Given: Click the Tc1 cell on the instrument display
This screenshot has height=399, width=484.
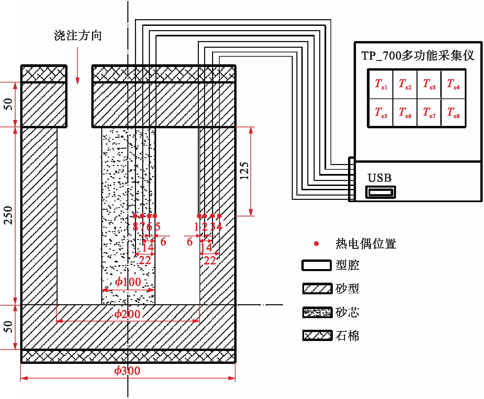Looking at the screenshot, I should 380,84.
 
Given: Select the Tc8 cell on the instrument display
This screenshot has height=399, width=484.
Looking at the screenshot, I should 453,113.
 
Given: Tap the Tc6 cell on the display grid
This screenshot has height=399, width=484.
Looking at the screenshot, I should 405,113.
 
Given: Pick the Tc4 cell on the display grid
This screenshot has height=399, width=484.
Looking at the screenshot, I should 453,84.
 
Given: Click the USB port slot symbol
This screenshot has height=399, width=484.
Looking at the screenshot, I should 380,192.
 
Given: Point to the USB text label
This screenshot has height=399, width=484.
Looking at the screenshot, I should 379,178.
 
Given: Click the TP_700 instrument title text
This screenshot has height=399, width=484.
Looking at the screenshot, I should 418,55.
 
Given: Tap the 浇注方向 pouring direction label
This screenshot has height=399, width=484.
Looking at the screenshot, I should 78,35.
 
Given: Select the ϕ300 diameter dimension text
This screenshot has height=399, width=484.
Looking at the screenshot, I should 127,370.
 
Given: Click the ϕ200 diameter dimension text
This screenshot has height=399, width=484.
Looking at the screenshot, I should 127,314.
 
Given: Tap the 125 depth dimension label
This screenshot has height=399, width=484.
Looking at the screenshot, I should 244,171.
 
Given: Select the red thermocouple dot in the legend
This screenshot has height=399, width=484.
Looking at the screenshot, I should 316,244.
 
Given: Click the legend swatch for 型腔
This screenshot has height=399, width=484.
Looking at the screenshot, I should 317,265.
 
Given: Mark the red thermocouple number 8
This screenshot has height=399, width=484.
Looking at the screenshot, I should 135,227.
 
